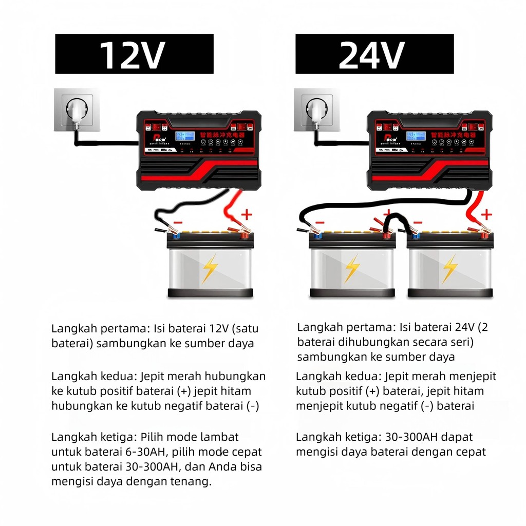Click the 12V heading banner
134,54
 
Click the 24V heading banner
374,54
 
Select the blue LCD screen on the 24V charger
414,137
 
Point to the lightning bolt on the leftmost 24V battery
352,268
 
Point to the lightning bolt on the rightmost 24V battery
450,268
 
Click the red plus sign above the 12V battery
247,213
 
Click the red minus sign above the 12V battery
177,222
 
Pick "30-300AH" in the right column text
409,437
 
